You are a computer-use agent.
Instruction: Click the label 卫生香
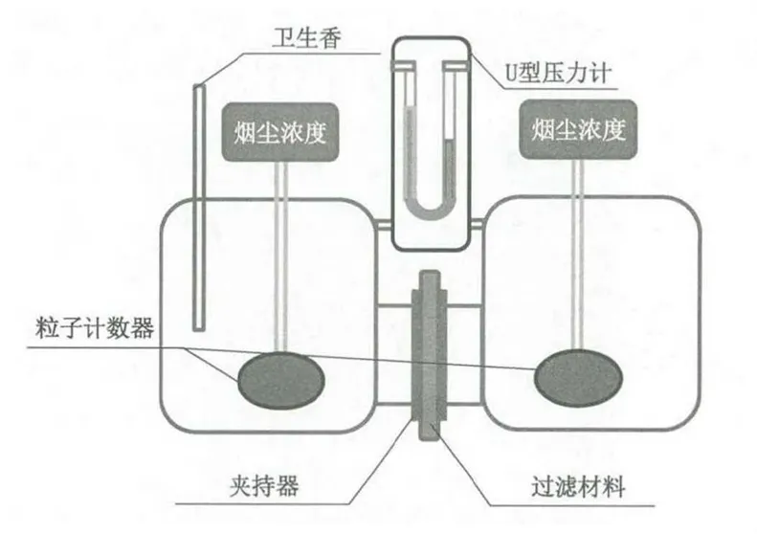click(x=307, y=38)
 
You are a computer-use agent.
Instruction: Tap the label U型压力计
click(x=558, y=74)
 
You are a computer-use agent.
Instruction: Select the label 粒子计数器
click(x=95, y=328)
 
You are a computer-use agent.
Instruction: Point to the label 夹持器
click(x=264, y=485)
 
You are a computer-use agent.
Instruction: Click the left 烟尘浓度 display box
click(x=280, y=132)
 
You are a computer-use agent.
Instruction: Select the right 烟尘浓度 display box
click(x=578, y=129)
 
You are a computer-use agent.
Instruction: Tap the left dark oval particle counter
click(x=281, y=381)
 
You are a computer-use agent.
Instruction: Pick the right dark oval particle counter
click(x=578, y=378)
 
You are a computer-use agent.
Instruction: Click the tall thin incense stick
click(x=199, y=208)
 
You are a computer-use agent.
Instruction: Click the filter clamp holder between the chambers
click(x=429, y=355)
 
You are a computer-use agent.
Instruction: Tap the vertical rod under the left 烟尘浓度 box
click(x=281, y=256)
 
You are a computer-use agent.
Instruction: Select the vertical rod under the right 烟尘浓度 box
click(x=577, y=255)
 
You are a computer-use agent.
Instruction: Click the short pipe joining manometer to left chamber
click(x=384, y=225)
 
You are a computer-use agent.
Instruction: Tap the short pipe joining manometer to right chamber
click(x=477, y=224)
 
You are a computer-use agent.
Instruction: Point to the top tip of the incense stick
click(x=198, y=85)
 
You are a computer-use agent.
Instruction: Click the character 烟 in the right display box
click(x=543, y=129)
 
